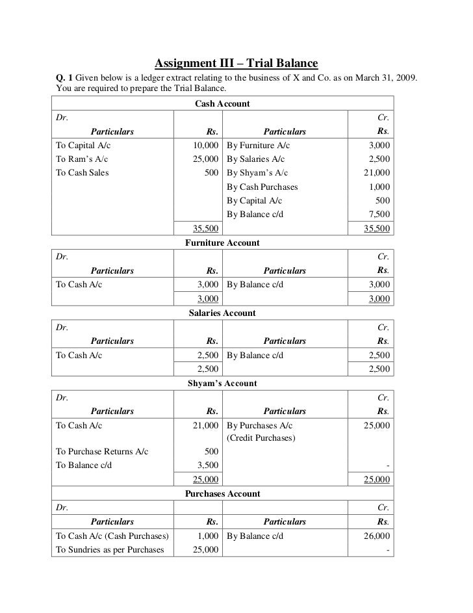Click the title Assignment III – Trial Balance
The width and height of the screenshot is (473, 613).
pyautogui.click(x=236, y=64)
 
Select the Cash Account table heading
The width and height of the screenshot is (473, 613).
pyautogui.click(x=222, y=104)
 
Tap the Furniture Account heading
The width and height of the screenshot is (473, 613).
pyautogui.click(x=222, y=243)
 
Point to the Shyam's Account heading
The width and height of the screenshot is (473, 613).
pyautogui.click(x=222, y=384)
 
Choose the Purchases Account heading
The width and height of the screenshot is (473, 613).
pyautogui.click(x=222, y=494)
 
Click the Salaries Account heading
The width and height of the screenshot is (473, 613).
pyautogui.click(x=222, y=313)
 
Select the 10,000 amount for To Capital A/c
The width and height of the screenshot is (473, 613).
pyautogui.click(x=204, y=146)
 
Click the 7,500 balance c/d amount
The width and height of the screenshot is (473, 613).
pyautogui.click(x=378, y=215)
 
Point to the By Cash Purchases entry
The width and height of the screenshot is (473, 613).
pyautogui.click(x=262, y=187)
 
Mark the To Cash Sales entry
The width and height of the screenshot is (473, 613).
pyautogui.click(x=83, y=173)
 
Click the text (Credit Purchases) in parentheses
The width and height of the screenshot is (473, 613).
pyautogui.click(x=261, y=438)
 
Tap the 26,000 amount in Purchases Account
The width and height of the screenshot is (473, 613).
pyautogui.click(x=376, y=536)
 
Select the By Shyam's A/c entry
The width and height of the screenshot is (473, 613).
pyautogui.click(x=257, y=173)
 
